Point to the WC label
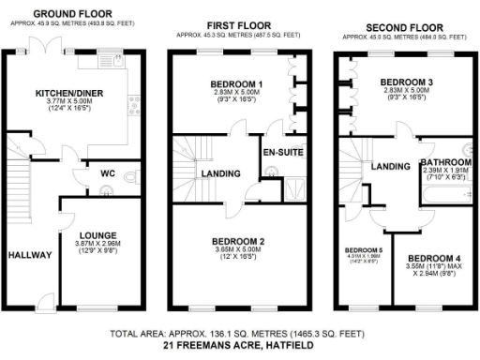pos(109,172)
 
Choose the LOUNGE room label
pos(96,236)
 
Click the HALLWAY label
pos(29,254)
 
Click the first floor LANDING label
pos(222,172)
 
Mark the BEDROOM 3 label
pos(406,82)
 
